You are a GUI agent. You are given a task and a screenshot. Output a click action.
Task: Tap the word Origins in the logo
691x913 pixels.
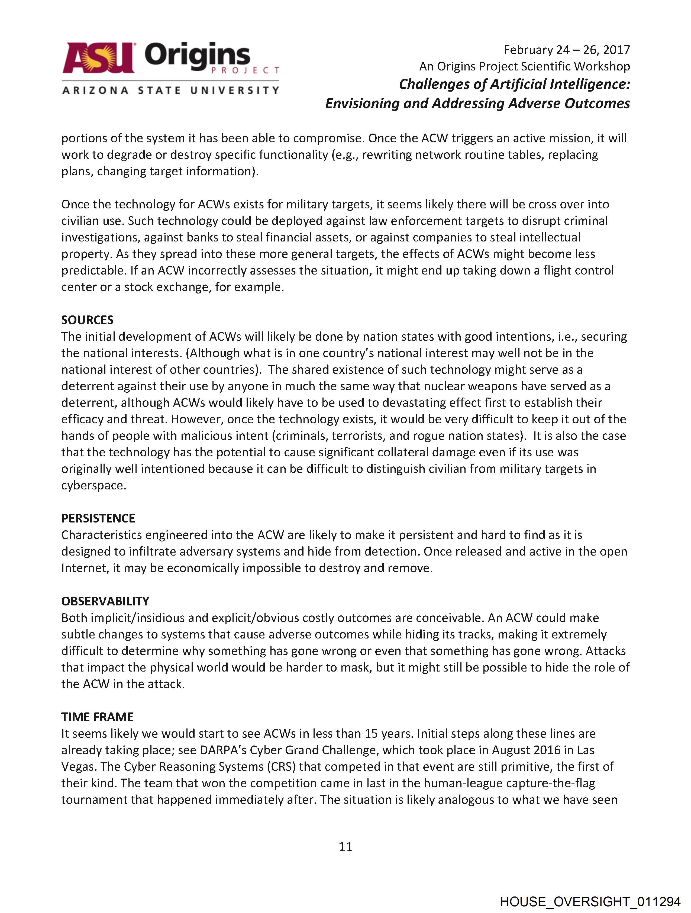(x=197, y=56)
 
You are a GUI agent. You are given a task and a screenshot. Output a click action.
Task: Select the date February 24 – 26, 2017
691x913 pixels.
(x=566, y=50)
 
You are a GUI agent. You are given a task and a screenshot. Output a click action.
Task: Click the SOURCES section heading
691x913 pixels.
(x=87, y=320)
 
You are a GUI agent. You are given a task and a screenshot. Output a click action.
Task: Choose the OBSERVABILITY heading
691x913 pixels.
(x=105, y=601)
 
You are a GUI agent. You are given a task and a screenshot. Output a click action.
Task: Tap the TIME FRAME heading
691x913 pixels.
(x=97, y=717)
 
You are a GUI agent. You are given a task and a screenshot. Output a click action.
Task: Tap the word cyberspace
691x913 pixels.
(x=93, y=485)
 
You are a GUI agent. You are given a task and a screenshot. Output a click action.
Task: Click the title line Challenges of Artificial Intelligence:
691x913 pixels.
(x=514, y=84)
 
